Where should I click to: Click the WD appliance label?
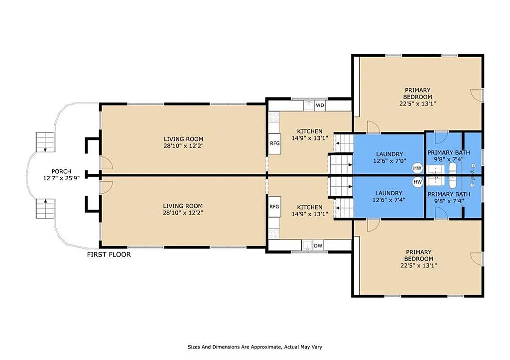coord(320,106)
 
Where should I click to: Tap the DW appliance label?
coord(318,245)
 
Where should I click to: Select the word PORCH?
coord(61,171)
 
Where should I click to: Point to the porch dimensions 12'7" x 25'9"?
coord(61,178)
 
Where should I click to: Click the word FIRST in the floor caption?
coord(97,254)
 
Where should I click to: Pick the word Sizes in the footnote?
coord(194,347)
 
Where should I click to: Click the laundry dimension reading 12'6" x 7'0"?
coord(389,161)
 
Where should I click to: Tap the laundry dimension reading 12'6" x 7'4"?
coord(389,200)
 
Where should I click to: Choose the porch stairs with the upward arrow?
coord(45,209)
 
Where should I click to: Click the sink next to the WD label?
coord(309,106)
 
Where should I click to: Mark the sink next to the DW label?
coord(307,245)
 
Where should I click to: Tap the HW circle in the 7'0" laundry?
coord(417,168)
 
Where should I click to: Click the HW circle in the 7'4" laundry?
coord(418,182)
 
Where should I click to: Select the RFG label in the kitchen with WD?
coord(275,143)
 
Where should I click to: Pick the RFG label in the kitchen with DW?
coord(274,207)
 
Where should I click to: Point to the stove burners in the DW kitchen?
coord(274,234)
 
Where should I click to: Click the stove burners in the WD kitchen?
coord(274,117)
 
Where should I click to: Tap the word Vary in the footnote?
coord(316,347)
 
